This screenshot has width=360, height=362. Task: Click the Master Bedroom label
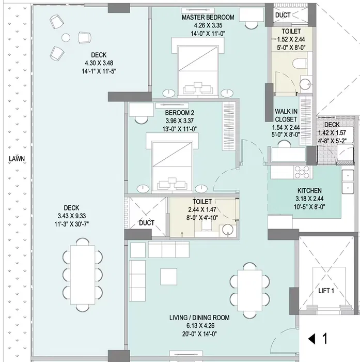point(208,17)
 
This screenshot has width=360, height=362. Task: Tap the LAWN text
point(17,159)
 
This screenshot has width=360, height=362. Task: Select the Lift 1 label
point(326,291)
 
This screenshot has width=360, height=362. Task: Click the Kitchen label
point(309,190)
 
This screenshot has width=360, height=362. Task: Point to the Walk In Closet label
point(286,115)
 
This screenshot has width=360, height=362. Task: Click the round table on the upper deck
point(66,37)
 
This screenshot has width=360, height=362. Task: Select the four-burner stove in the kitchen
point(302,172)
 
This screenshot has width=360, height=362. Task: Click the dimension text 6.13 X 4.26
point(200,325)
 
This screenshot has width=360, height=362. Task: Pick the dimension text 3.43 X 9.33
point(72,216)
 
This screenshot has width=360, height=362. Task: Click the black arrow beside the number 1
point(311,339)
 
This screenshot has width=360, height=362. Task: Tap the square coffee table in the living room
point(168,277)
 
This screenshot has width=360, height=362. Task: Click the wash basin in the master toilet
point(306,84)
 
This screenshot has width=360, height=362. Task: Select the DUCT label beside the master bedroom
point(283,15)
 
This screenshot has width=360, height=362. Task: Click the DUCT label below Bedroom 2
point(147,223)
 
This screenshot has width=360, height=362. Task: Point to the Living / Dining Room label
point(199,318)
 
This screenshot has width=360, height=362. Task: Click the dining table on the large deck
point(83,275)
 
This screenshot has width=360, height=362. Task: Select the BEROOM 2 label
point(180,113)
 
